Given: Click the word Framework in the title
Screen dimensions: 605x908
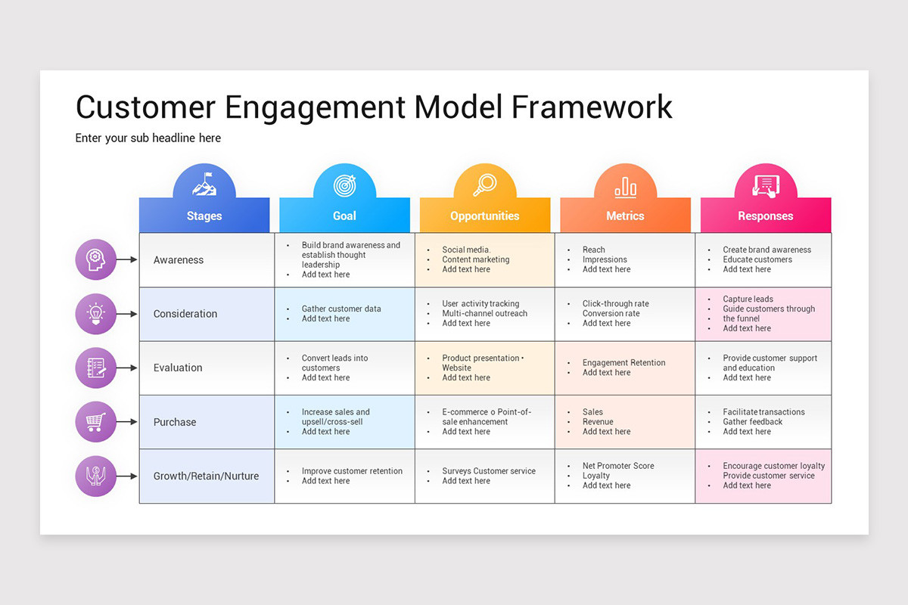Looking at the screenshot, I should coord(592,107).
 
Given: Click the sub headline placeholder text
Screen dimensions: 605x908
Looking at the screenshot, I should coord(148,138).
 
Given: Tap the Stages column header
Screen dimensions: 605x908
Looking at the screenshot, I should coord(204,216).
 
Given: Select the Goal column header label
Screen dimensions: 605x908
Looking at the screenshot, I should coord(344,216).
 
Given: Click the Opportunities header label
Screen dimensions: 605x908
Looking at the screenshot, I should coord(485,216).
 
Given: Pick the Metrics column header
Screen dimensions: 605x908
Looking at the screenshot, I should coord(625,216).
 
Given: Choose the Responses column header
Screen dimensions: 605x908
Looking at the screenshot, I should coord(766,216).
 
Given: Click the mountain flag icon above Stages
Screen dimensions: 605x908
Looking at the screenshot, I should coord(204,185).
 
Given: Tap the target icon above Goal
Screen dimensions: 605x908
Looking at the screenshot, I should coord(344,185).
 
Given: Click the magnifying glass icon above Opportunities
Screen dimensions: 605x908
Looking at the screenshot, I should coord(485,185).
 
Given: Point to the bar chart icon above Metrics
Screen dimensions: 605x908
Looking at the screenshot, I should coord(625,186).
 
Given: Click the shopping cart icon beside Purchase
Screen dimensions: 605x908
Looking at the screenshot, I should coord(96,422).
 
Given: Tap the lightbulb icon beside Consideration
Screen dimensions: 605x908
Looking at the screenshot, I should coord(96,314).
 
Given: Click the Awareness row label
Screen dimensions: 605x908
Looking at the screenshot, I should coord(179,260).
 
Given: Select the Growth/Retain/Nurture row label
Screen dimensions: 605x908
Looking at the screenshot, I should coord(206,476).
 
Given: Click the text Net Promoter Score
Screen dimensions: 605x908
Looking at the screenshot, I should coord(618,466).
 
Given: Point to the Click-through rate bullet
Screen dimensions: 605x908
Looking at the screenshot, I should coord(615,304).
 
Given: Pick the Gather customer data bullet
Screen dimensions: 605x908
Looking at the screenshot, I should coord(341,309).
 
